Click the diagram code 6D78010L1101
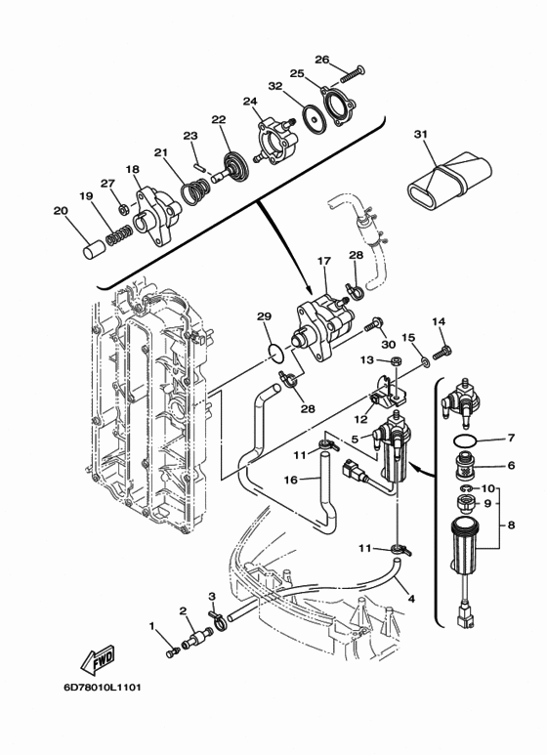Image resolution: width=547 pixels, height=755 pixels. pyautogui.click(x=103, y=687)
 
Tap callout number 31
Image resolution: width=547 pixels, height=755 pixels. pyautogui.click(x=421, y=134)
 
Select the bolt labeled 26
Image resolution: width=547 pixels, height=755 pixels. pyautogui.click(x=353, y=73)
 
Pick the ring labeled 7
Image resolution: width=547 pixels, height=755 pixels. pyautogui.click(x=466, y=440)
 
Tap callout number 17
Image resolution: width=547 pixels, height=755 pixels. pyautogui.click(x=324, y=261)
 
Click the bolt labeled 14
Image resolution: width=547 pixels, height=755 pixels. pyautogui.click(x=443, y=352)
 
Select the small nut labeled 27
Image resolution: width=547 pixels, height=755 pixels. pyautogui.click(x=123, y=209)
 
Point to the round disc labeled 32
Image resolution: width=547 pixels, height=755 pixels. pyautogui.click(x=315, y=118)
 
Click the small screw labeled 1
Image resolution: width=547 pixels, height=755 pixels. pyautogui.click(x=173, y=652)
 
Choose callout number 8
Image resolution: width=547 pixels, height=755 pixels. pyautogui.click(x=511, y=524)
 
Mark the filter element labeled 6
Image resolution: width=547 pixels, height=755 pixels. pyautogui.click(x=466, y=466)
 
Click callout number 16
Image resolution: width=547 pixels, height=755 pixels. pyautogui.click(x=291, y=480)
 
